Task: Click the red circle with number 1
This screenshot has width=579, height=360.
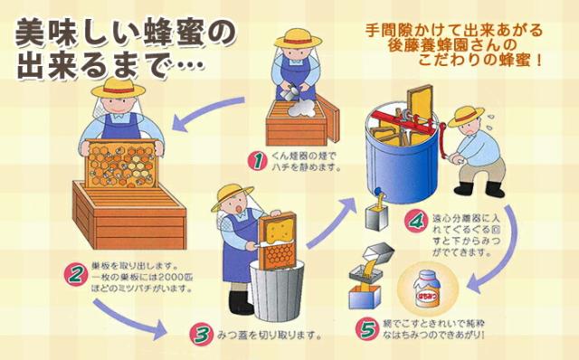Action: [x=259, y=161]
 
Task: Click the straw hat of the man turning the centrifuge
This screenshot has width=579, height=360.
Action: [x=468, y=114]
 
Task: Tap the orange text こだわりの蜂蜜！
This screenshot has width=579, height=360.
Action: [x=479, y=62]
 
